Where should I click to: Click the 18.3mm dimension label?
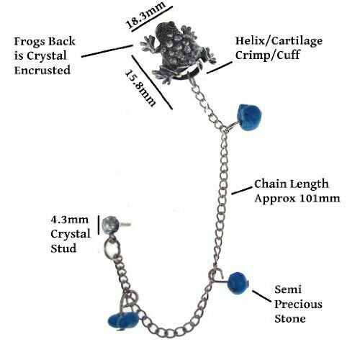tap(145, 15)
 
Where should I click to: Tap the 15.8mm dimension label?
tap(140, 89)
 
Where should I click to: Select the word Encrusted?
tap(42, 71)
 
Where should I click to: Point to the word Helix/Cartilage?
tap(279, 41)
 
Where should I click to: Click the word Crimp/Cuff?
tap(268, 55)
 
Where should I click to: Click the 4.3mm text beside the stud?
tap(70, 220)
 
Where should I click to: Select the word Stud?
tap(63, 248)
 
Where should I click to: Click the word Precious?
tap(298, 305)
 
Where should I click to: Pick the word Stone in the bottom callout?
tap(290, 319)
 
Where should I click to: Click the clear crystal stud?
tap(110, 225)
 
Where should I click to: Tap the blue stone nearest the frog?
tap(248, 117)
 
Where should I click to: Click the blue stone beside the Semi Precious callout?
tap(238, 283)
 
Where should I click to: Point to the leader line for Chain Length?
tap(242, 191)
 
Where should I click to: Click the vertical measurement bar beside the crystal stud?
tap(99, 225)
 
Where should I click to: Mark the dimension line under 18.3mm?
tap(152, 19)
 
